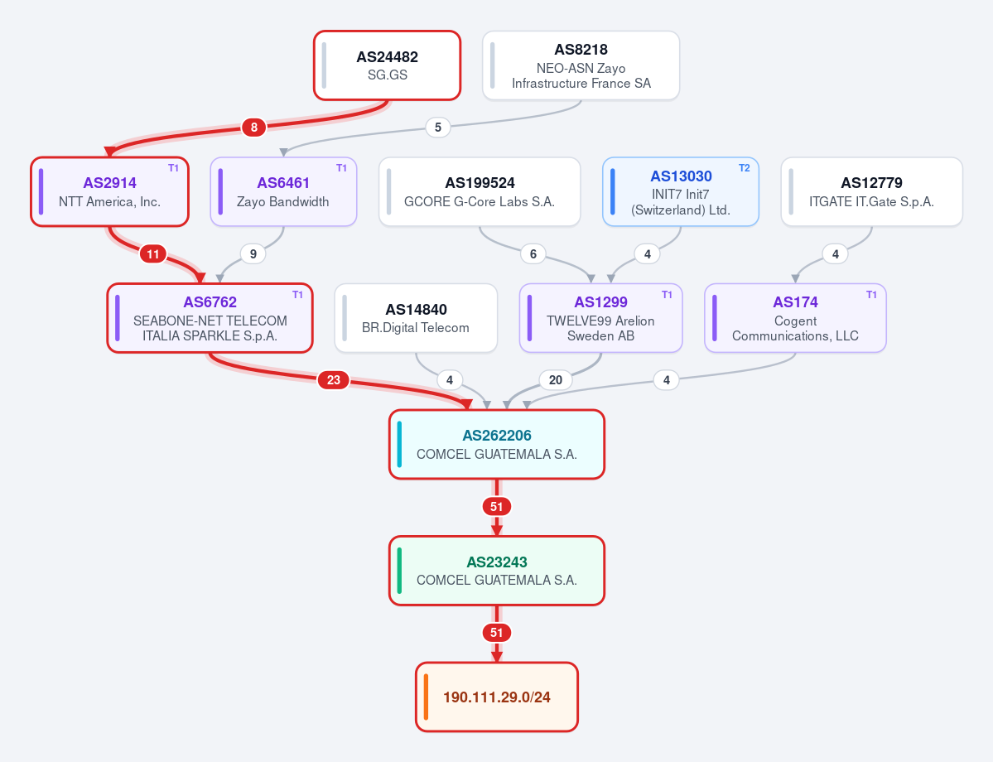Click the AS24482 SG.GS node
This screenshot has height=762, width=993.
pos(387,65)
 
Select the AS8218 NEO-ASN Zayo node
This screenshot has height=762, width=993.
pos(581,65)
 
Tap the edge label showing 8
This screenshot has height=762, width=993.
pos(254,128)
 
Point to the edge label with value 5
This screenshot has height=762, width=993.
pos(437,128)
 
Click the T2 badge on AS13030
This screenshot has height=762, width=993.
pos(744,168)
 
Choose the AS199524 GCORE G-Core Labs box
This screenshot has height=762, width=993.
pos(480,191)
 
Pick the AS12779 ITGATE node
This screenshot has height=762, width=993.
pos(871,191)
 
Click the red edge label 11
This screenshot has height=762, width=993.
pos(152,254)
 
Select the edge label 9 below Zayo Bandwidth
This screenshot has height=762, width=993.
pos(253,254)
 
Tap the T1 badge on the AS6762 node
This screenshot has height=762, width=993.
pos(297,295)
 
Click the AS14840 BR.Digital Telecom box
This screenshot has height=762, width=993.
pos(416,318)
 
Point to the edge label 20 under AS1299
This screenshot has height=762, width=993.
pos(556,380)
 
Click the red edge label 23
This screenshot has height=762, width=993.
pos(333,380)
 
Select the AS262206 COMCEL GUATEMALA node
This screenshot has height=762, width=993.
pos(497,444)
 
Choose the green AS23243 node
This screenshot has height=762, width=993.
pos(497,571)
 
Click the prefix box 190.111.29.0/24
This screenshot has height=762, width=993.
pos(497,697)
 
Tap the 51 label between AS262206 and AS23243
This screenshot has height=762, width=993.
pos(497,507)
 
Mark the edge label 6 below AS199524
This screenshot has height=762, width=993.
pos(533,254)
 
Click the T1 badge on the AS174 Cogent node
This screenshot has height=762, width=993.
pos(871,295)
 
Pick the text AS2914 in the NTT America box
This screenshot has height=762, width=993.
pos(109,183)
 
